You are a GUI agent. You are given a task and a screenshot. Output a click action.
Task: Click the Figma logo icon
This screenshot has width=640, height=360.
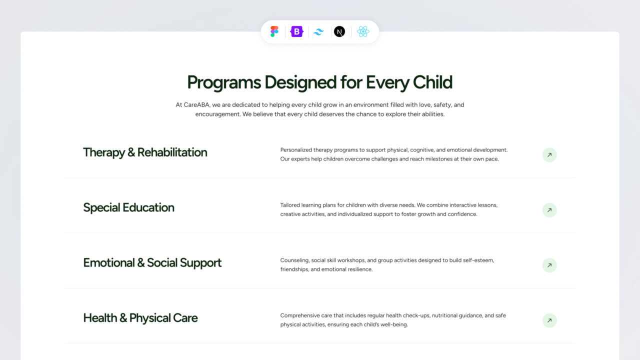274,31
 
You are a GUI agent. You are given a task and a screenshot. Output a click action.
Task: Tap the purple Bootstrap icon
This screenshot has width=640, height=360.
297,31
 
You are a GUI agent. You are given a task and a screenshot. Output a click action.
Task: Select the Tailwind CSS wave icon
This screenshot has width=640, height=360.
318,31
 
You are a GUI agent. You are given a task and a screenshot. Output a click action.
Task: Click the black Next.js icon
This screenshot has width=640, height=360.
339,31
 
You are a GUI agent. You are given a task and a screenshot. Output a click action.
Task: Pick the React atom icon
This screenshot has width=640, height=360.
363,31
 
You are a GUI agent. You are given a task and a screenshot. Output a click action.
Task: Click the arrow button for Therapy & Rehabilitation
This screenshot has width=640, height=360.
549,155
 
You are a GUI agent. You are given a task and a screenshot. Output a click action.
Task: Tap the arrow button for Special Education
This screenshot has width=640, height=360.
549,210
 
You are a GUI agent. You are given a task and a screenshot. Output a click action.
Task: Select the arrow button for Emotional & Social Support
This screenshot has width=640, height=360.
549,265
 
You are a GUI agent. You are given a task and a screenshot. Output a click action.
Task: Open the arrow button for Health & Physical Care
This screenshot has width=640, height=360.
549,320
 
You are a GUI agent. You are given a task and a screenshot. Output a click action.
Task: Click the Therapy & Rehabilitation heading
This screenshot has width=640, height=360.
145,152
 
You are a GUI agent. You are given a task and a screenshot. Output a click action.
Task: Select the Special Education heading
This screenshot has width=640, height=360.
128,207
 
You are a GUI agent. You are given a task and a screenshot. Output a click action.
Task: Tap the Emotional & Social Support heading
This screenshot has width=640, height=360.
152,263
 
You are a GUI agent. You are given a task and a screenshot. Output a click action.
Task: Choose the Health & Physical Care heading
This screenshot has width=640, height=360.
140,318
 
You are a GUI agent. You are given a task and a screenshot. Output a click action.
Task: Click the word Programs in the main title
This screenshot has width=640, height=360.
224,82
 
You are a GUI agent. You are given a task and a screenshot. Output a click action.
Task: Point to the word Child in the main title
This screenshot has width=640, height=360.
432,82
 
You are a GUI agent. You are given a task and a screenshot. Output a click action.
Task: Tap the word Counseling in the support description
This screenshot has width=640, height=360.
294,260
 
